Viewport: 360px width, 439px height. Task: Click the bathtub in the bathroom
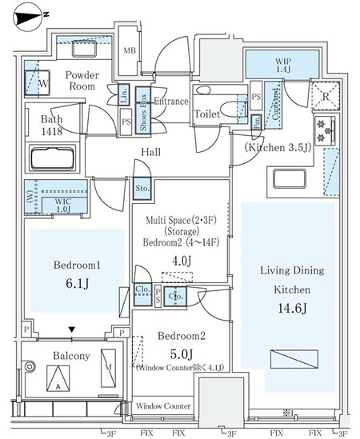tap(58, 154)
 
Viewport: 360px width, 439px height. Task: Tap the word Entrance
tap(170, 102)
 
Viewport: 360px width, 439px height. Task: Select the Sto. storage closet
tap(141, 189)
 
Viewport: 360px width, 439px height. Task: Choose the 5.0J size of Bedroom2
tap(181, 354)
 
